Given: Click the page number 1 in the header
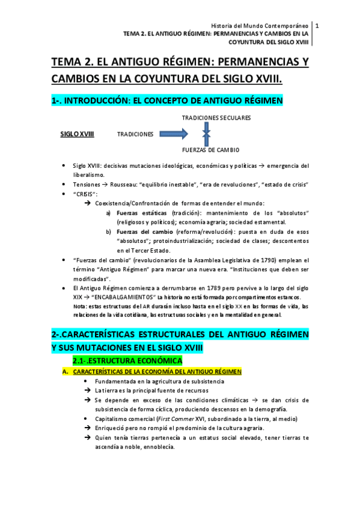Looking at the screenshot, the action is click(317, 25).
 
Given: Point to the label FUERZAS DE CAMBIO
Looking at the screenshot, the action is click(210, 149).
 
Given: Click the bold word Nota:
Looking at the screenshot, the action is click(79, 306).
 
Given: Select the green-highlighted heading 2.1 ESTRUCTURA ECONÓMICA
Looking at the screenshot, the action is click(127, 360).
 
